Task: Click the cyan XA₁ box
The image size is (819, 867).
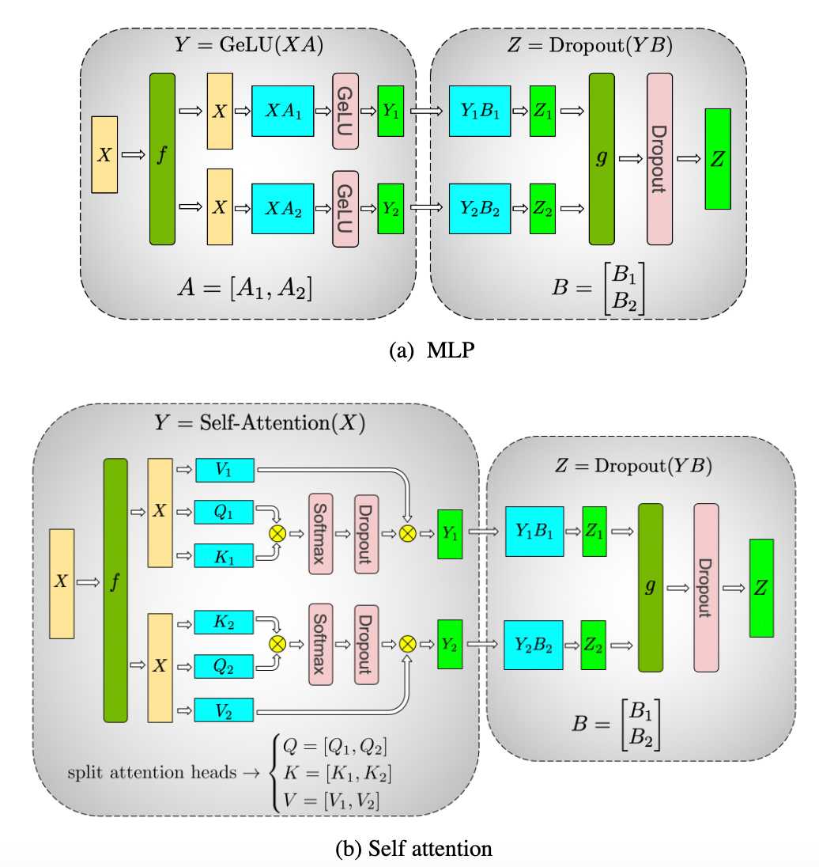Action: coord(282,111)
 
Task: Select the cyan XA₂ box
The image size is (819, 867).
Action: coord(282,207)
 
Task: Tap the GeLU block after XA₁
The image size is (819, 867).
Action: coord(345,111)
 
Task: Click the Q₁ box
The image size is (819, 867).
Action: coord(225,512)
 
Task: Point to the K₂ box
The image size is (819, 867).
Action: coord(225,621)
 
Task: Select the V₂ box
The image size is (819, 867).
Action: coord(225,710)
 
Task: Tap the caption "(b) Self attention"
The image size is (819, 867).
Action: coord(413,849)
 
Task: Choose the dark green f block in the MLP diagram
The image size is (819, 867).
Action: coord(161,158)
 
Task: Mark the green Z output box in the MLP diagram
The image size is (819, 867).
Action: coord(718,158)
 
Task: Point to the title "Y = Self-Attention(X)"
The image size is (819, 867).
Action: coord(259,423)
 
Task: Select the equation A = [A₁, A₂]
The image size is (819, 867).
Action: coord(245,288)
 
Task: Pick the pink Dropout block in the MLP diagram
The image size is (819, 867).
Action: coord(659,158)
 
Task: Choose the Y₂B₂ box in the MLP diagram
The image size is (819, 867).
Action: coord(480,207)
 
